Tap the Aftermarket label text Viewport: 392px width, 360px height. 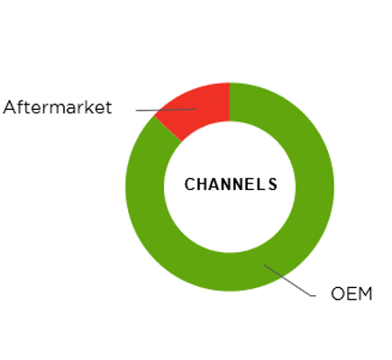58,107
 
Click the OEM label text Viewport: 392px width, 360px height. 351,293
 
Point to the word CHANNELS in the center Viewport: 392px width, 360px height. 231,184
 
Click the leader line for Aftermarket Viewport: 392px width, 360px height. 166,110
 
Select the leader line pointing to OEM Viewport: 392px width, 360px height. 290,281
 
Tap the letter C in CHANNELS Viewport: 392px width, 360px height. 190,184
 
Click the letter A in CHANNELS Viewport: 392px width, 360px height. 216,184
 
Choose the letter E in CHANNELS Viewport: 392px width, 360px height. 252,184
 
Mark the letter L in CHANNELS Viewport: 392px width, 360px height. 263,184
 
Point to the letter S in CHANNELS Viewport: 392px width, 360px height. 272,184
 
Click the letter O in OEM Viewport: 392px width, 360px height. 337,293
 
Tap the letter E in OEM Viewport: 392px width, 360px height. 351,293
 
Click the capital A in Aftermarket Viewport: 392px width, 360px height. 9,107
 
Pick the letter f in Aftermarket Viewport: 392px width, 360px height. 20,107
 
